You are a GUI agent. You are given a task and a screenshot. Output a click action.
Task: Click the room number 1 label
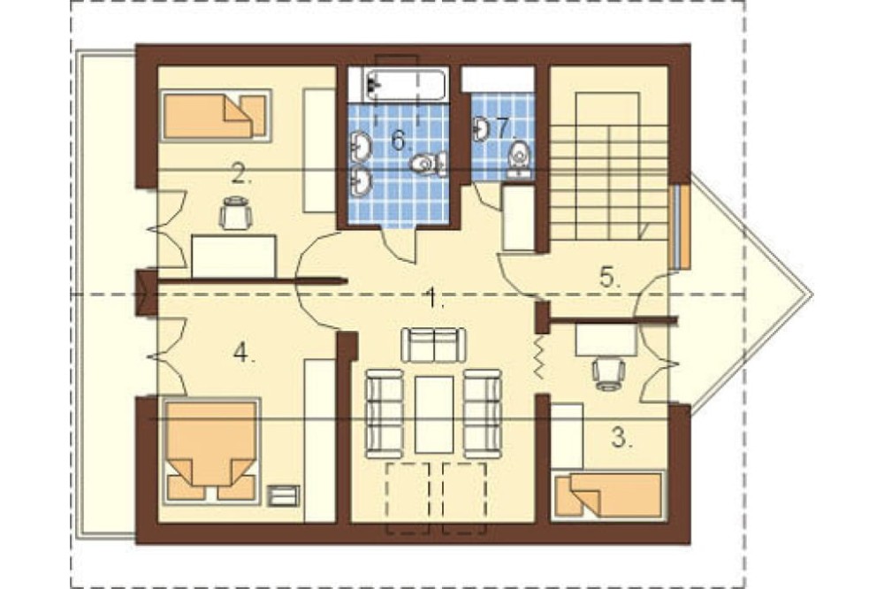[x=434, y=297]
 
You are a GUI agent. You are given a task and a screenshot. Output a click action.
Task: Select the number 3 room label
[x=621, y=437]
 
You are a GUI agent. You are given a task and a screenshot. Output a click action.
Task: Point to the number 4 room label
[x=243, y=354]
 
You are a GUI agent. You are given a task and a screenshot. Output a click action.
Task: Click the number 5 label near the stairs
[x=609, y=278]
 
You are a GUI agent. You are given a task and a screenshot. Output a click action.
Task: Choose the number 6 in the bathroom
[x=400, y=140]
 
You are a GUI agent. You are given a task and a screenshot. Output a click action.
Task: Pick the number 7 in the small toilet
[x=503, y=128]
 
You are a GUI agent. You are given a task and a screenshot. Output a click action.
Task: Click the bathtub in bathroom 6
[x=405, y=85]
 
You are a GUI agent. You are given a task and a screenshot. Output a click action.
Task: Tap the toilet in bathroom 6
[x=429, y=164]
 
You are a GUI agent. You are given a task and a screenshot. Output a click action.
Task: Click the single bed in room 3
[x=608, y=494]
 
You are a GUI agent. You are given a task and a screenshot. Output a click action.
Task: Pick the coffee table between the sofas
[x=434, y=415]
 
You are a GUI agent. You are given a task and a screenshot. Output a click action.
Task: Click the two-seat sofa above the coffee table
[x=433, y=345]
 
